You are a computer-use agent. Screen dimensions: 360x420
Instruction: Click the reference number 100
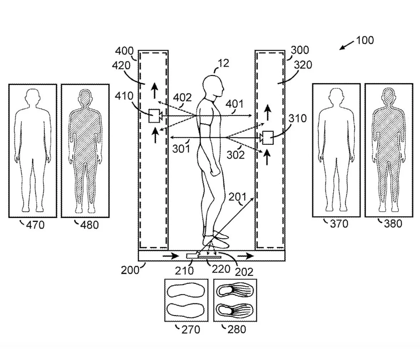coord(365,40)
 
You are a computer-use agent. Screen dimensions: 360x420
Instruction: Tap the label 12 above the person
coord(224,63)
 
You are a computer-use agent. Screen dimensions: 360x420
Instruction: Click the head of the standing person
coord(212,86)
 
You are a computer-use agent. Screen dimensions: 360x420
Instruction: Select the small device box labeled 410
coord(155,116)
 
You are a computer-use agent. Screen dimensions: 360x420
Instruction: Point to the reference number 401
coord(234,104)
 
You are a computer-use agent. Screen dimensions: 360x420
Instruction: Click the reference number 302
coord(236,155)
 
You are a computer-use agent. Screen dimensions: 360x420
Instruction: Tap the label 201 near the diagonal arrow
coord(237,197)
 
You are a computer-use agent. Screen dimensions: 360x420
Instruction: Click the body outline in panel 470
coord(32,150)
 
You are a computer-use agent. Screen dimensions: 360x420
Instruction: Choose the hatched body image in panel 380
coord(388,146)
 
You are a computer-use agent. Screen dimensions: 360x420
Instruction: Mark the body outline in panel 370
coord(336,150)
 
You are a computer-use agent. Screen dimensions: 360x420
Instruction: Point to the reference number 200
coord(129,270)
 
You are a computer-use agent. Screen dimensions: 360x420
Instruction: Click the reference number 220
coord(221,269)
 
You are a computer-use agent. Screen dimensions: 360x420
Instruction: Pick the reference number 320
coord(303,65)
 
